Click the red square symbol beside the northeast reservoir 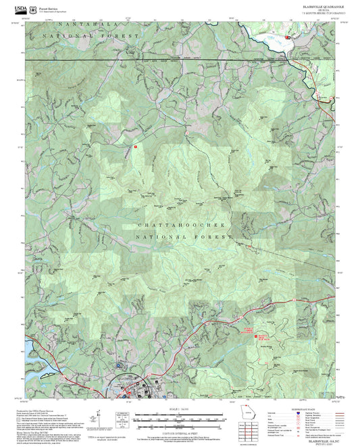click(288, 38)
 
